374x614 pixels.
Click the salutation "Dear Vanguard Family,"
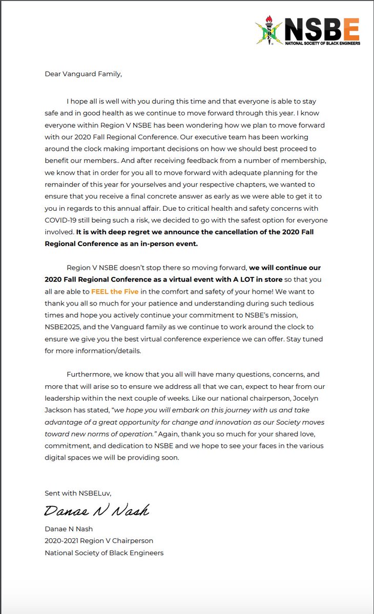pyautogui.click(x=83, y=74)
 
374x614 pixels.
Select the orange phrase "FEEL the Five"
pyautogui.click(x=115, y=291)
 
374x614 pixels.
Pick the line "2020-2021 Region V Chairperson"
pyautogui.click(x=99, y=540)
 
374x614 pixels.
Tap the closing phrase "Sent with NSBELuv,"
pyautogui.click(x=77, y=493)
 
